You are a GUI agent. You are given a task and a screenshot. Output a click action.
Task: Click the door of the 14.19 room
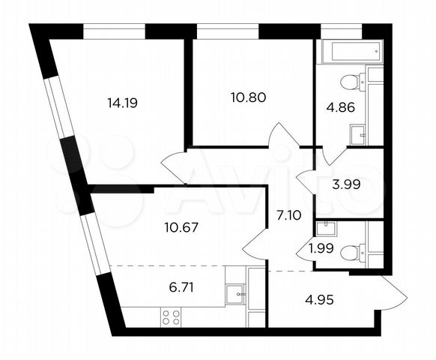(175, 164)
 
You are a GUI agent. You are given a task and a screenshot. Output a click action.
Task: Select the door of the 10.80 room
(284, 136)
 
